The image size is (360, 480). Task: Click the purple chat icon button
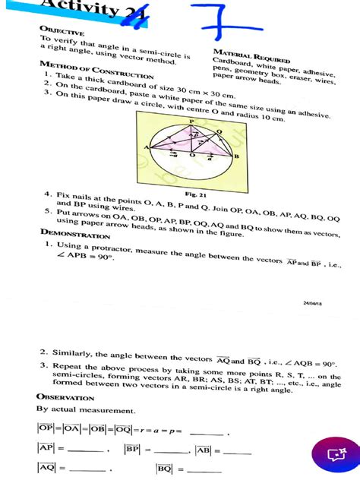(336, 453)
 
